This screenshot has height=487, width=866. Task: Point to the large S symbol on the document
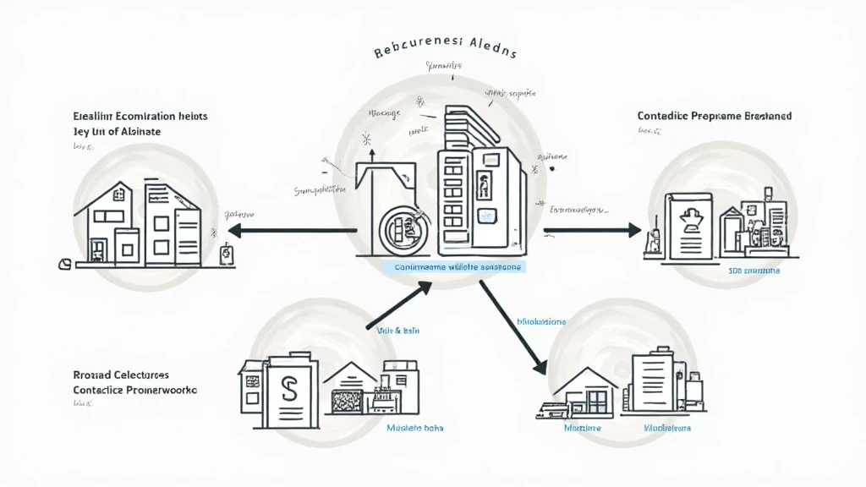point(289,389)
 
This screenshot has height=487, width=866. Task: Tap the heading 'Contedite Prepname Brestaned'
point(715,116)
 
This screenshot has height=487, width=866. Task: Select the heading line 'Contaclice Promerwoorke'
point(135,390)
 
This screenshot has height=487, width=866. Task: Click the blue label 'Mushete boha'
point(415,428)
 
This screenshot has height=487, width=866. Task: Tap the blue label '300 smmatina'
point(754,271)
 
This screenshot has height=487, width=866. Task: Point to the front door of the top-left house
point(99,249)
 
